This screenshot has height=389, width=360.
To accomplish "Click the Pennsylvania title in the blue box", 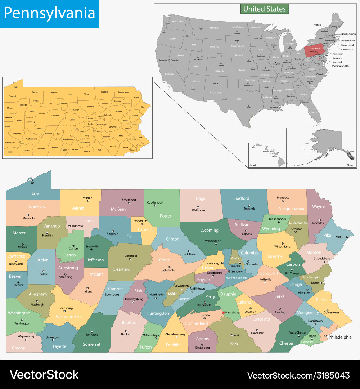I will [49, 13].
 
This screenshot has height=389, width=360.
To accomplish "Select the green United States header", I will [264, 9].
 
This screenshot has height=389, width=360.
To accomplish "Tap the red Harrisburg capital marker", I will [223, 312].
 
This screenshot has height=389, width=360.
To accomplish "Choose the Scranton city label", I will [297, 229].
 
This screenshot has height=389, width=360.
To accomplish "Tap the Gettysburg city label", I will [202, 348].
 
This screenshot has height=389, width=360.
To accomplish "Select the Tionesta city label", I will [77, 226].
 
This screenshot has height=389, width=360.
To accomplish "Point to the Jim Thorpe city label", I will [292, 274].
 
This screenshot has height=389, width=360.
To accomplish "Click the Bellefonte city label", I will [168, 270].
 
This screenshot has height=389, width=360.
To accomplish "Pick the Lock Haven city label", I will [190, 254].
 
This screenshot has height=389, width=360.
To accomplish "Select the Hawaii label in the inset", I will [253, 165].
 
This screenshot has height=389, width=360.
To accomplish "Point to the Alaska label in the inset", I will [350, 165].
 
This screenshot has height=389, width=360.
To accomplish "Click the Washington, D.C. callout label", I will [340, 66].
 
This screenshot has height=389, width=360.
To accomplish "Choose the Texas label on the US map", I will [238, 98].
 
